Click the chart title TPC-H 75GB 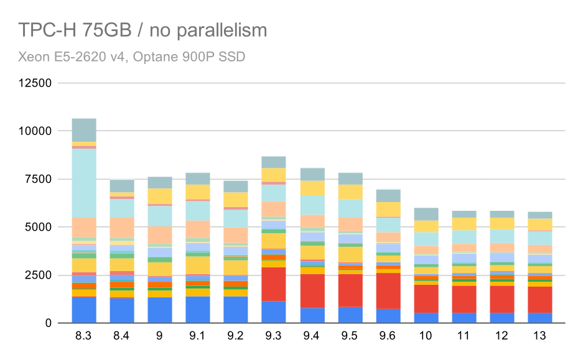pyautogui.click(x=142, y=30)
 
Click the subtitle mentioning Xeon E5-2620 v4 pyautogui.click(x=132, y=57)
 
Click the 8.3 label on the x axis pyautogui.click(x=84, y=336)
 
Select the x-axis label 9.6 pyautogui.click(x=388, y=336)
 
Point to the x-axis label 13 pyautogui.click(x=539, y=336)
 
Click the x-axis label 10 pyautogui.click(x=426, y=336)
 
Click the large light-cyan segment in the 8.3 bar pyautogui.click(x=84, y=183)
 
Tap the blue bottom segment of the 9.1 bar pyautogui.click(x=198, y=310)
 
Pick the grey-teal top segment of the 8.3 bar pyautogui.click(x=84, y=130)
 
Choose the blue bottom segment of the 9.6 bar pyautogui.click(x=388, y=316)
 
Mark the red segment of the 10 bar pyautogui.click(x=426, y=298)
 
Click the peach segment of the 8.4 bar pyautogui.click(x=122, y=228)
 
